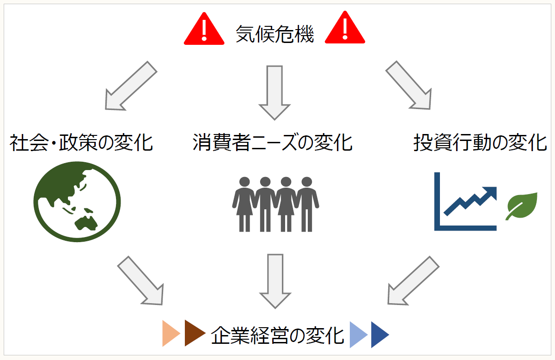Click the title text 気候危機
coord(274,34)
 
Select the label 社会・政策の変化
coord(81,143)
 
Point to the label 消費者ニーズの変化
coord(273,143)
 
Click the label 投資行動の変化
coord(480,143)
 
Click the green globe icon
coord(77,201)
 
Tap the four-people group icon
coord(275,204)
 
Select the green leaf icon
coord(522,205)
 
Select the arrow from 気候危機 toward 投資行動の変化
coord(409,85)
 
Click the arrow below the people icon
coord(275,280)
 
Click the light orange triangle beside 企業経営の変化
coord(170,333)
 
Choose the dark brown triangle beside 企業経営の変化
coord(194,333)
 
